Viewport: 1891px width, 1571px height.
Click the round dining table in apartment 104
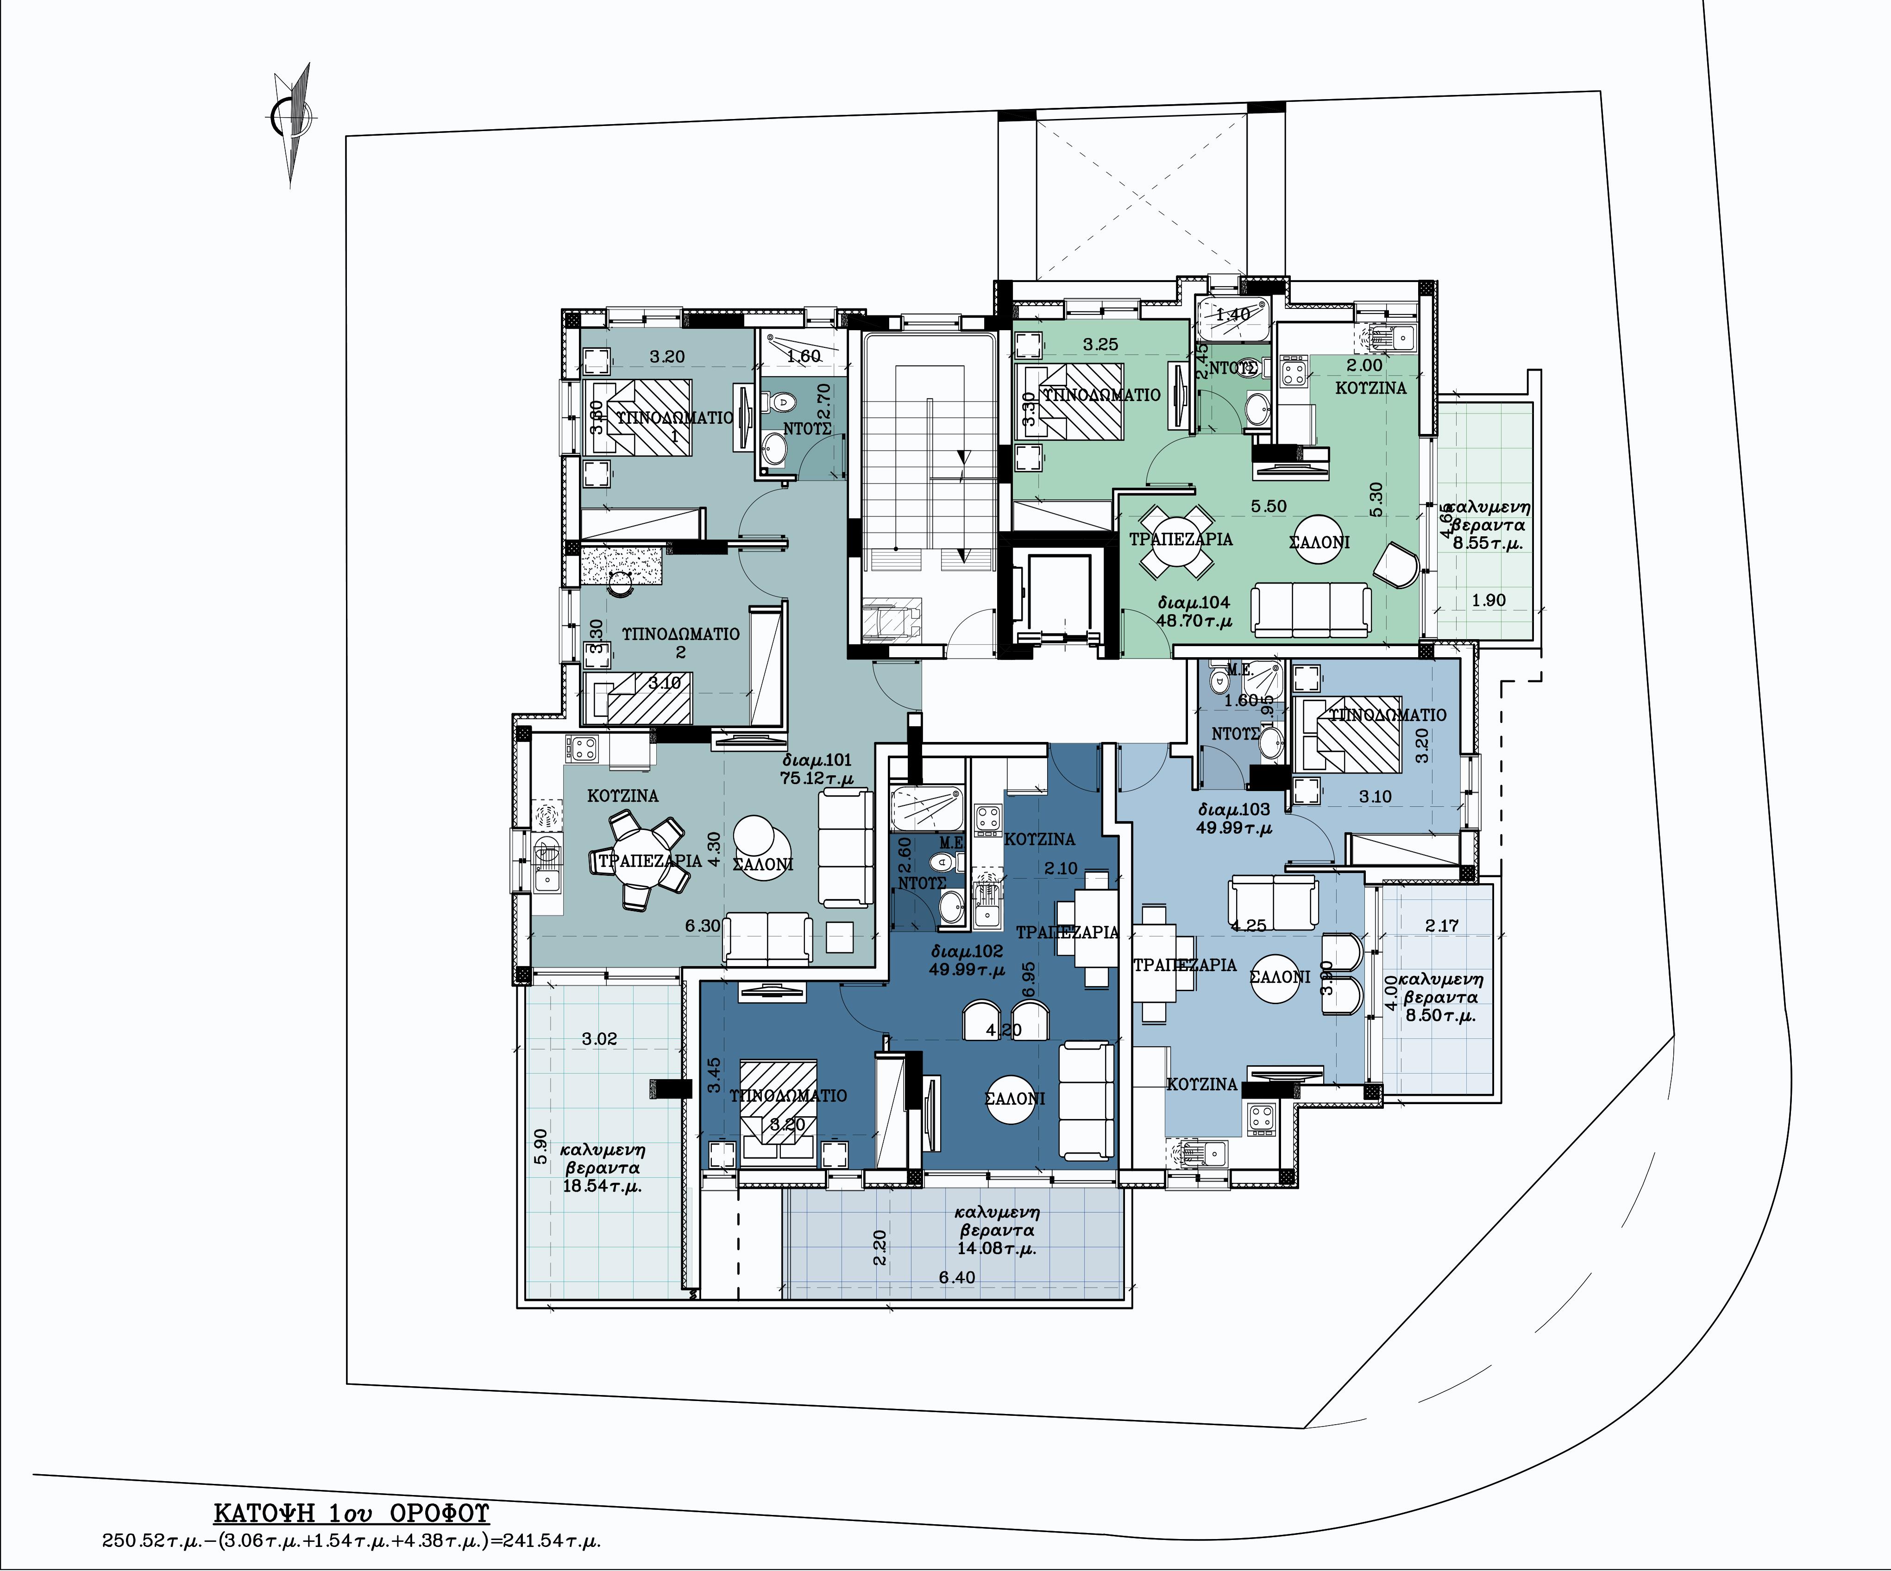click(x=1176, y=541)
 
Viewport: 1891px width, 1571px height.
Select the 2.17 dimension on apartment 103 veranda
click(x=1442, y=924)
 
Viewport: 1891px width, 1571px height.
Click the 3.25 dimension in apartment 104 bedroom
click(x=1100, y=344)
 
